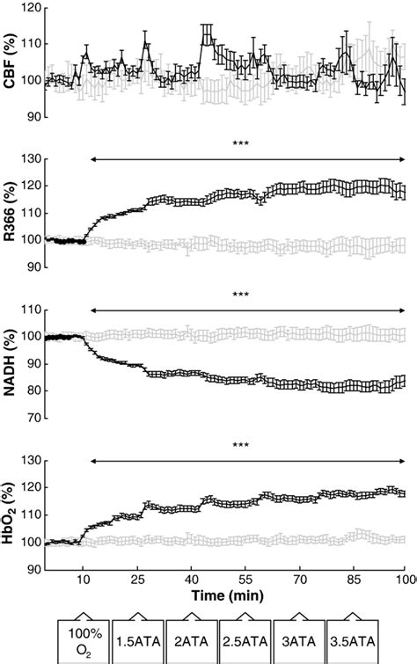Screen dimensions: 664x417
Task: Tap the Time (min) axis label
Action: (227, 595)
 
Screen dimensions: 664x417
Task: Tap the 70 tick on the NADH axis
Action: (31, 418)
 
